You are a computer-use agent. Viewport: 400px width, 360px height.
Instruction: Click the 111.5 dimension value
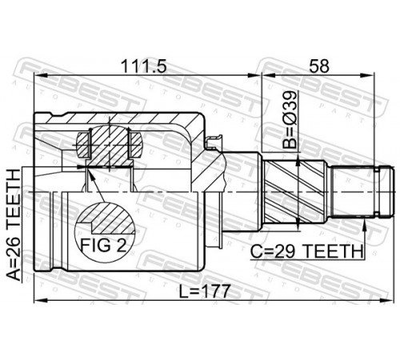pos(143,66)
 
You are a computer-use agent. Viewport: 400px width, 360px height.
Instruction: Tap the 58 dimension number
pos(319,66)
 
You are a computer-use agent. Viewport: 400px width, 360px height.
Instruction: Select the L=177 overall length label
pos(204,291)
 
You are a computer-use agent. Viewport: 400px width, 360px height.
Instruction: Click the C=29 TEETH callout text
pos(306,251)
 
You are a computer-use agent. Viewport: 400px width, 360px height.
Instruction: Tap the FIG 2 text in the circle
pos(103,245)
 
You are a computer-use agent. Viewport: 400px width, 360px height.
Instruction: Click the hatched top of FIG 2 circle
pos(106,218)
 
